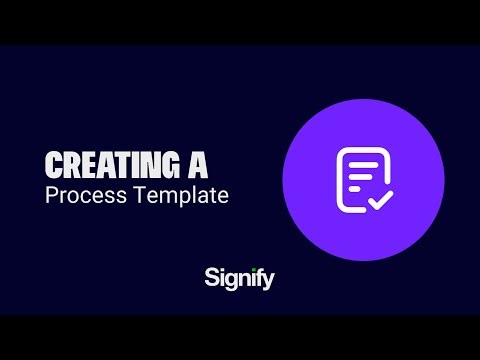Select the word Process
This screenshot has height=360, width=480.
(x=81, y=194)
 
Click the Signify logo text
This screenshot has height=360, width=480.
(x=238, y=277)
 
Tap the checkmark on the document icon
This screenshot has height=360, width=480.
(x=379, y=199)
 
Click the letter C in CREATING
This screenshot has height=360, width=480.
(x=54, y=163)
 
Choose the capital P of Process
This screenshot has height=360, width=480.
(x=51, y=194)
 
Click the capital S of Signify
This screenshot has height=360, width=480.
(x=211, y=277)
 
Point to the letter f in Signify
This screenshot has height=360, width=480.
(x=255, y=276)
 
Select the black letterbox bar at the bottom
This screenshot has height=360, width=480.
(x=240, y=337)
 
